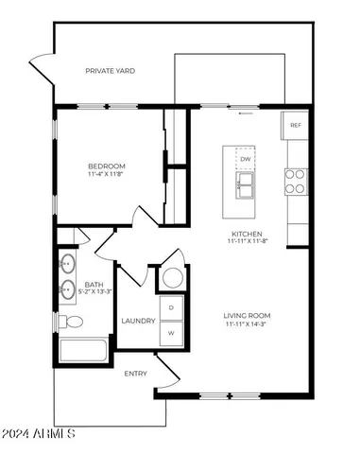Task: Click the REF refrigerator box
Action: click(296, 125)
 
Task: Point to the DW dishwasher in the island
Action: click(246, 159)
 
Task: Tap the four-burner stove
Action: click(296, 181)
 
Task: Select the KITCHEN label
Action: click(247, 234)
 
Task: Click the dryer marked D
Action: click(172, 308)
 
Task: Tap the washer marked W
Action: click(172, 333)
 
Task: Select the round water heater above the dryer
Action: click(172, 278)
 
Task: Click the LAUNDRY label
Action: click(138, 321)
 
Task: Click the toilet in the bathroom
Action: click(72, 322)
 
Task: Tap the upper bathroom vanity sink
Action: click(68, 262)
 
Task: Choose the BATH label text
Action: click(94, 284)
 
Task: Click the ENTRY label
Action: click(136, 374)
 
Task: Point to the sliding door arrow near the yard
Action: click(246, 113)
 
